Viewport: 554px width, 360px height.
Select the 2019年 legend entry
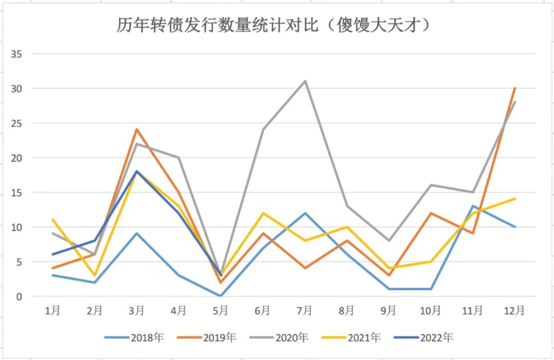point(206,337)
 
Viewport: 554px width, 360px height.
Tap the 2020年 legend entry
point(279,337)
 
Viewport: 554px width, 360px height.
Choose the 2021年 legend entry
point(351,337)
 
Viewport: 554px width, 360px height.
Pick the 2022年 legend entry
point(424,337)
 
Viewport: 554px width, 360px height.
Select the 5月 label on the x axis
point(221,311)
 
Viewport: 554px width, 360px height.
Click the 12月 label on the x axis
point(515,311)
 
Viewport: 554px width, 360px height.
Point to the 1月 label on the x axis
point(52,311)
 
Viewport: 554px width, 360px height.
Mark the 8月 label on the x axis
point(346,311)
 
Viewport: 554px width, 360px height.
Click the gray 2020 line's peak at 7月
point(305,81)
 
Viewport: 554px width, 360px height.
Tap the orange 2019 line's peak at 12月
point(515,88)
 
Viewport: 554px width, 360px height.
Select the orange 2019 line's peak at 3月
point(136,129)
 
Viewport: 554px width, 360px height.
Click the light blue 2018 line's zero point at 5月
point(221,296)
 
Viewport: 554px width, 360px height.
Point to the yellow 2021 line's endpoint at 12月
point(515,199)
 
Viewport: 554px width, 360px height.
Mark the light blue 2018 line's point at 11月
point(472,206)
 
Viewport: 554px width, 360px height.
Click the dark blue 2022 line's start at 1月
point(52,254)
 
